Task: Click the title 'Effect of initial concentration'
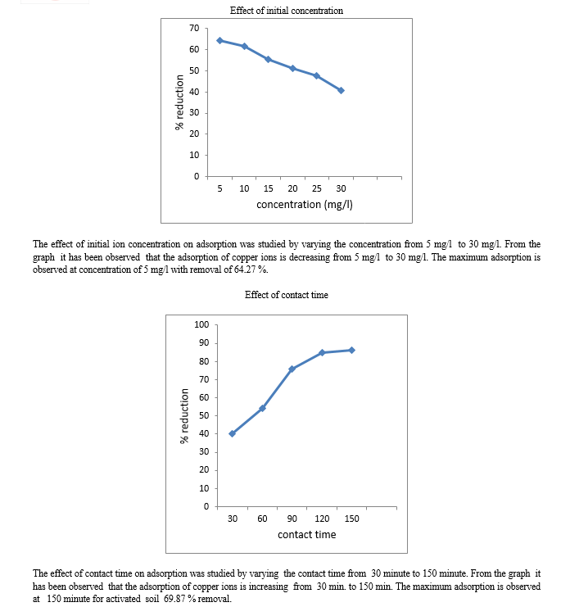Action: point(287,11)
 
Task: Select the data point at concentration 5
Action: point(220,40)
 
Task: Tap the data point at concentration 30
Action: point(341,90)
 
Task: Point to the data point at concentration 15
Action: point(269,59)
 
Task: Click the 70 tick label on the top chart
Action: point(194,29)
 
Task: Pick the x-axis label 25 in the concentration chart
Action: point(317,188)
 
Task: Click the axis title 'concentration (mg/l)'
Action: point(305,205)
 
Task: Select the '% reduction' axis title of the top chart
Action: point(179,102)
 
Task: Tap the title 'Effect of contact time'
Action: point(287,295)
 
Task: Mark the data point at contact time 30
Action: point(232,433)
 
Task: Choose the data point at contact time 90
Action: point(292,369)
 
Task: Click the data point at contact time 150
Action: point(351,350)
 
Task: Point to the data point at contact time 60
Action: point(262,408)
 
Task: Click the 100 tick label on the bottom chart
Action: point(201,324)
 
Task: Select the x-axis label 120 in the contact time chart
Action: point(322,519)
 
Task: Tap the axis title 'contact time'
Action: point(307,535)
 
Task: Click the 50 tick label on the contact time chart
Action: point(204,415)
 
